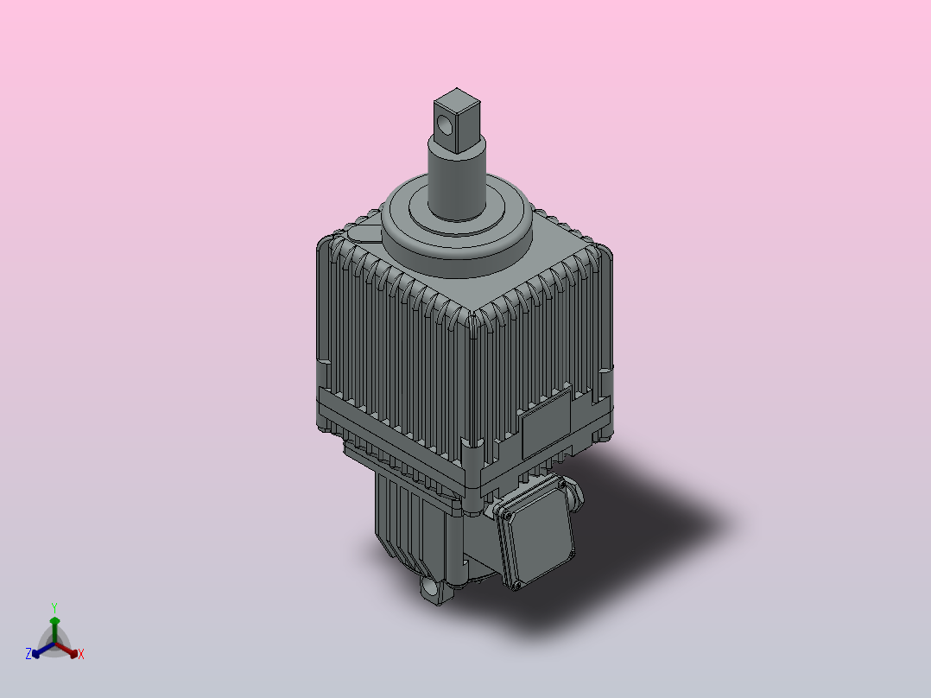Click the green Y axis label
point(54,607)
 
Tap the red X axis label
point(81,655)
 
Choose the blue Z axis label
point(28,655)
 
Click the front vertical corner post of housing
point(473,389)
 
